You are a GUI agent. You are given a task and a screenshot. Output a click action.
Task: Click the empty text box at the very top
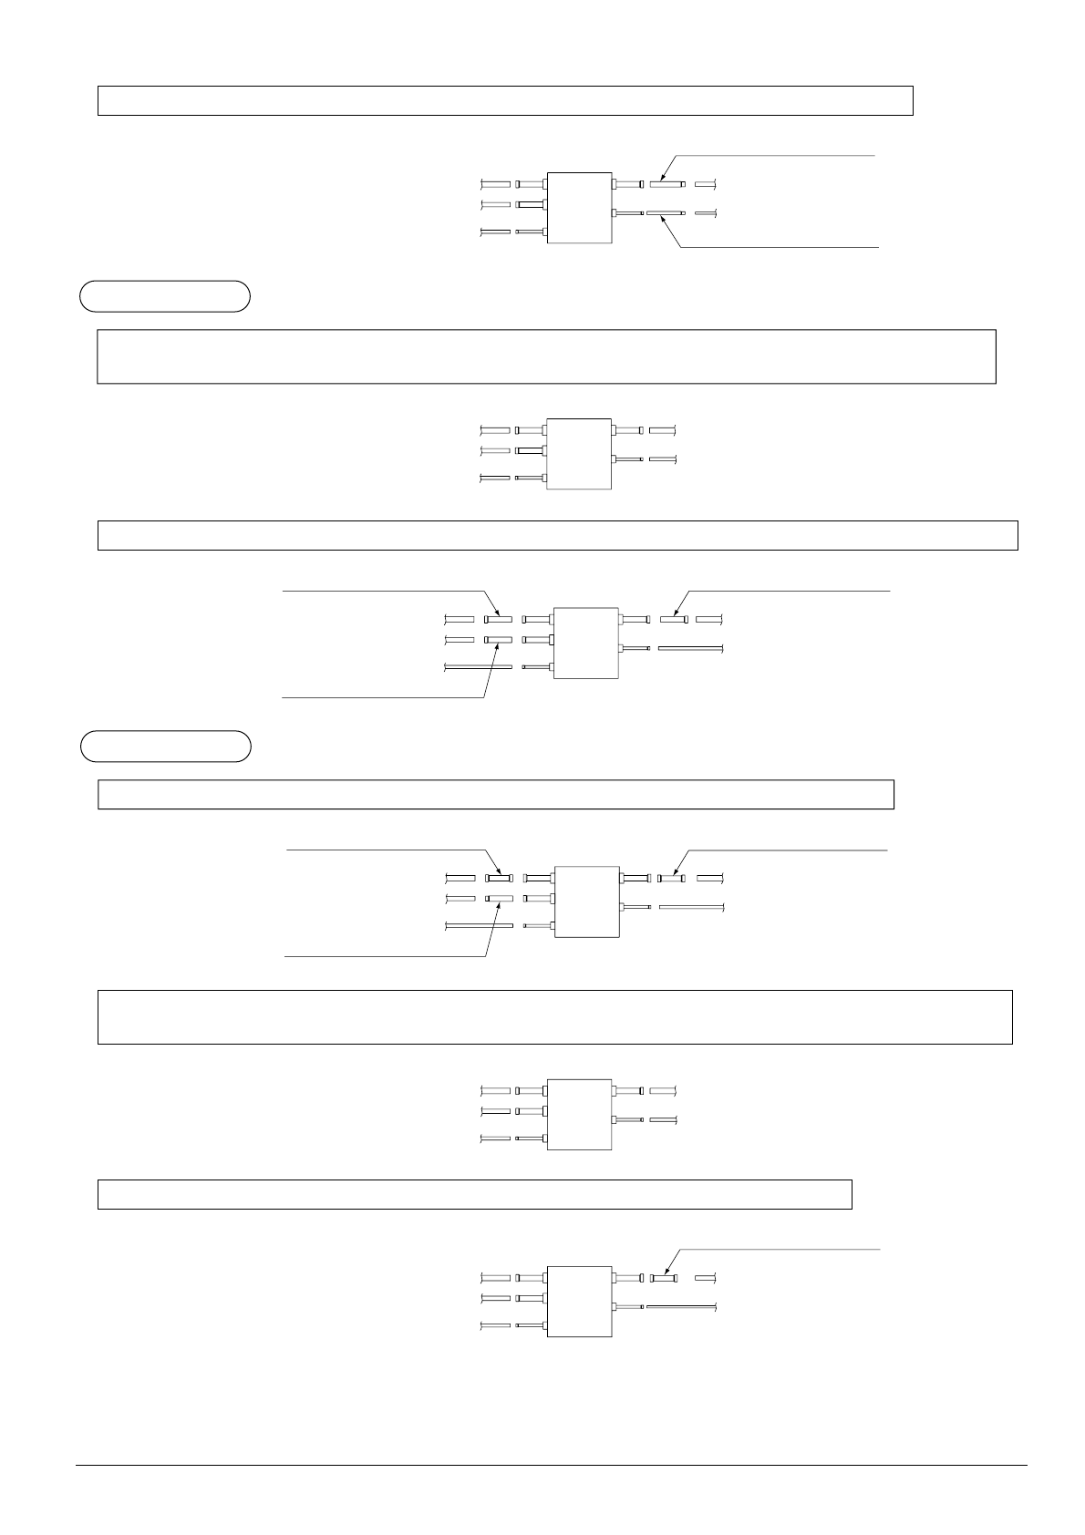point(505,100)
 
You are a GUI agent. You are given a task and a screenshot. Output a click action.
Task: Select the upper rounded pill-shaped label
point(165,297)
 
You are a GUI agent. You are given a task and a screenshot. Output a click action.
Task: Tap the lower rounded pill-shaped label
point(165,746)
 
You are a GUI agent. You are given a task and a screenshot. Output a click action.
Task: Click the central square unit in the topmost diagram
point(578,208)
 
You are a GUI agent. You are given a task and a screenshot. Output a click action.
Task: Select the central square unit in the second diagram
point(578,454)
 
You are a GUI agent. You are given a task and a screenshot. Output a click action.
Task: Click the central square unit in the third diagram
point(585,643)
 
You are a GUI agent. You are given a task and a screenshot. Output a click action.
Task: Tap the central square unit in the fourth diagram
point(585,901)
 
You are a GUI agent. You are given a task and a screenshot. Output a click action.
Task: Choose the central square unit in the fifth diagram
point(578,1115)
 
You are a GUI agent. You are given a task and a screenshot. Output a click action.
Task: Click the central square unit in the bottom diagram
point(578,1302)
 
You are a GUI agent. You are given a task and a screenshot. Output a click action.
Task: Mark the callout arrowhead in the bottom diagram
point(664,1273)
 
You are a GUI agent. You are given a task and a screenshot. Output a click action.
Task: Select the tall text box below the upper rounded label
point(546,356)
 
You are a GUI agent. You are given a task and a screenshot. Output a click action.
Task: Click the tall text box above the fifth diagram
point(554,1016)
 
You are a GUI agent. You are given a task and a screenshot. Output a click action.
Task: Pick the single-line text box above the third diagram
point(557,535)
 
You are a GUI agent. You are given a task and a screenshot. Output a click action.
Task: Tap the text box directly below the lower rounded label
point(495,794)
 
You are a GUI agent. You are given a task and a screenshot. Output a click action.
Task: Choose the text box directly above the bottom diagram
point(474,1194)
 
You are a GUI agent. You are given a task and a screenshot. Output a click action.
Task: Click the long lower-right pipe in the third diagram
point(690,648)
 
